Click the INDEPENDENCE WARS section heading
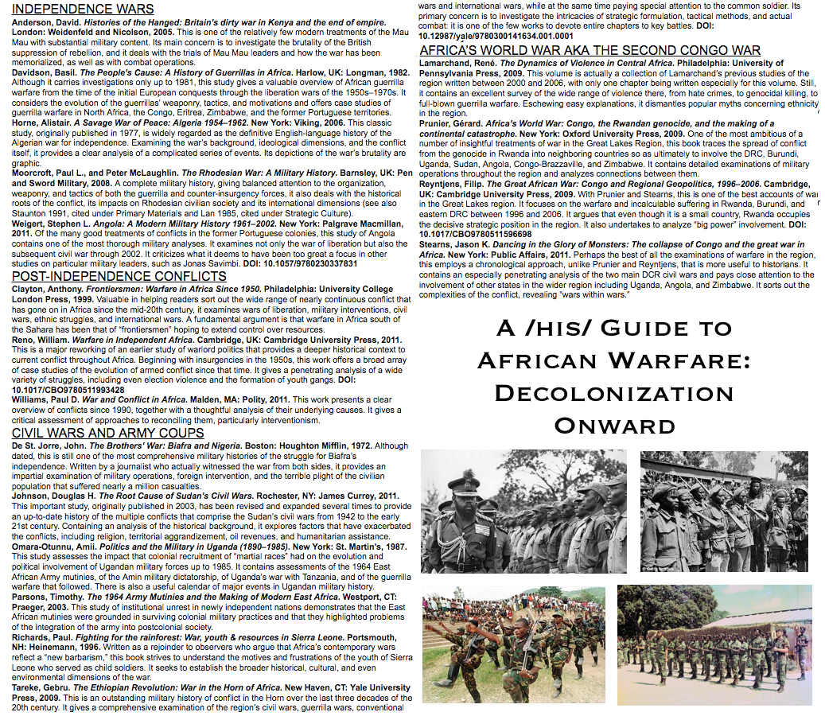pyautogui.click(x=83, y=10)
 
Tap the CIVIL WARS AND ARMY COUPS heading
pyautogui.click(x=107, y=433)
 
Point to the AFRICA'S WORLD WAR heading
pyautogui.click(x=590, y=50)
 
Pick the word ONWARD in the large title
pyautogui.click(x=613, y=425)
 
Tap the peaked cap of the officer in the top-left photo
pyautogui.click(x=462, y=481)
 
